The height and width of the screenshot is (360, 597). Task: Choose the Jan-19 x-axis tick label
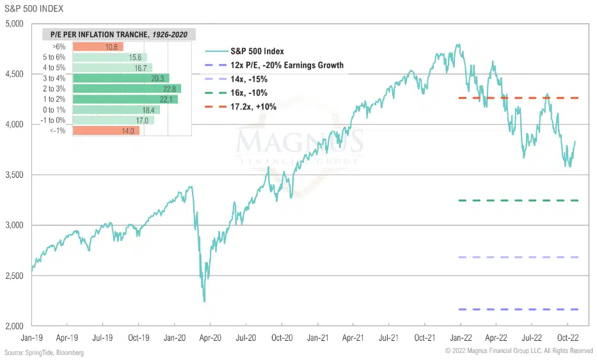click(x=31, y=336)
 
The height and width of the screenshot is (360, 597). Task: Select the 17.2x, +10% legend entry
click(x=253, y=107)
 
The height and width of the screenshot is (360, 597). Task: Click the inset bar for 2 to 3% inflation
click(x=127, y=88)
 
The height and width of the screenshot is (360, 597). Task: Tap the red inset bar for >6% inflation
click(x=97, y=47)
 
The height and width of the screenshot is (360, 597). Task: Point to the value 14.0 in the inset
click(x=127, y=130)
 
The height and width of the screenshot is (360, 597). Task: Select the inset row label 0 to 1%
click(x=56, y=110)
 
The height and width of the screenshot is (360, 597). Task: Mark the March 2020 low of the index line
click(x=204, y=301)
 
